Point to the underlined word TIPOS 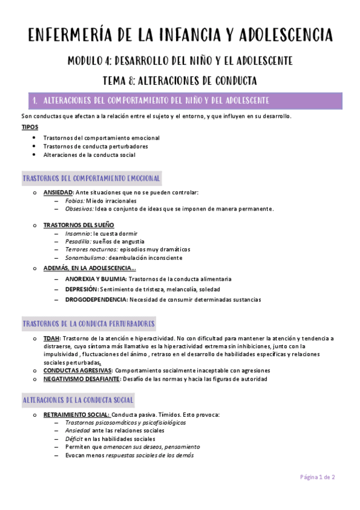click(x=29, y=127)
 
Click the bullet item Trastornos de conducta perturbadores click(x=96, y=146)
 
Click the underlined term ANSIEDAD click(x=58, y=192)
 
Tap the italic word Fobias click(x=76, y=201)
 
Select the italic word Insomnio click(x=79, y=233)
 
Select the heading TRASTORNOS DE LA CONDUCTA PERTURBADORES click(x=88, y=324)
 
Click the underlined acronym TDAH click(x=52, y=339)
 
